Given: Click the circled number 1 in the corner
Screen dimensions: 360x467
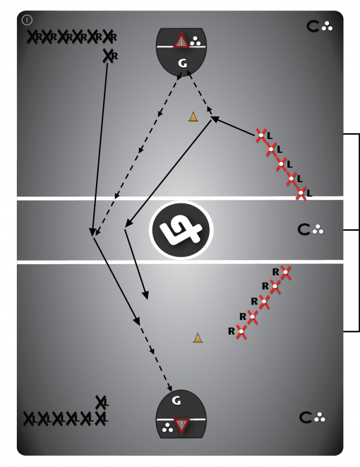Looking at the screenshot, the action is click(27, 20).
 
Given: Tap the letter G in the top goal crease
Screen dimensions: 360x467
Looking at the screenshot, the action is click(182, 63).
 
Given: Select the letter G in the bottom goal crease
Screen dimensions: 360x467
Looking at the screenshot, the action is click(176, 401).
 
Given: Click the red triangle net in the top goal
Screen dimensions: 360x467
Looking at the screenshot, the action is click(181, 41).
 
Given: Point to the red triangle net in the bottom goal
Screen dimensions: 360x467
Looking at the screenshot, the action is click(181, 426).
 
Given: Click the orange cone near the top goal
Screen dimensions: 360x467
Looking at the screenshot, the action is click(193, 117).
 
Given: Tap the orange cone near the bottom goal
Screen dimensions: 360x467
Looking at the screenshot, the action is click(198, 338).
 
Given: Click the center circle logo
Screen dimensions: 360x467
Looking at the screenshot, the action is click(181, 230).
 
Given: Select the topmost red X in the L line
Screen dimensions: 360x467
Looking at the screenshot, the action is click(261, 135).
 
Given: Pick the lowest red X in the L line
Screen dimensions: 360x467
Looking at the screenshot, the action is click(301, 193).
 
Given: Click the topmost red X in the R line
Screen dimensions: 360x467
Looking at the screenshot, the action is click(285, 272).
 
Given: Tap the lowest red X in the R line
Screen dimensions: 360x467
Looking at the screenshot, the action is click(241, 331).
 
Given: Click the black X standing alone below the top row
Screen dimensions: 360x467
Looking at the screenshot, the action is click(108, 56).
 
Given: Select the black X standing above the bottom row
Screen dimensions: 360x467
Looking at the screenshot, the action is click(101, 402).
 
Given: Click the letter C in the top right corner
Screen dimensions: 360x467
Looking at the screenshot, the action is click(313, 26).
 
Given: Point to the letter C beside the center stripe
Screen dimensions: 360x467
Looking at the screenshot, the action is click(303, 229).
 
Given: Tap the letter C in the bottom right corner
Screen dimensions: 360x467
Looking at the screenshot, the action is click(305, 417).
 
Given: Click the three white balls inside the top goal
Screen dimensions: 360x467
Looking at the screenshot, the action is click(195, 41).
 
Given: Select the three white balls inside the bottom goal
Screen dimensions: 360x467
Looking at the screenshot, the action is click(167, 428).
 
